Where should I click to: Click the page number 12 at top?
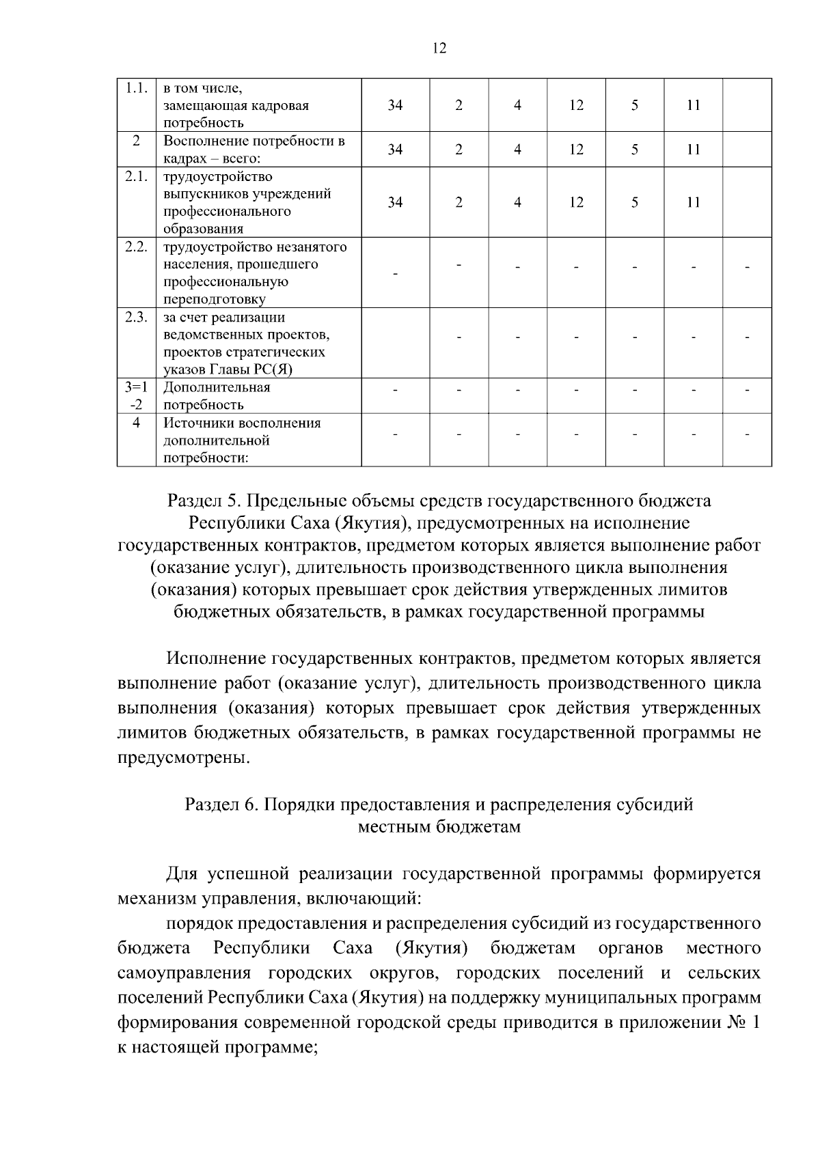click(x=439, y=48)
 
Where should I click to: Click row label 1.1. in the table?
click(x=137, y=88)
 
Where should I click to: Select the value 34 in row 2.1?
click(x=395, y=202)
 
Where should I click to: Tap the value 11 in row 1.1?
click(x=694, y=105)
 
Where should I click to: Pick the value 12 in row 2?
click(x=576, y=150)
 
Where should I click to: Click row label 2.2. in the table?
click(x=137, y=247)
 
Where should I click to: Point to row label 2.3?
click(x=137, y=317)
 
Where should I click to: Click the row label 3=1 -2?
click(x=137, y=396)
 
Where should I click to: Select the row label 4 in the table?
click(x=137, y=423)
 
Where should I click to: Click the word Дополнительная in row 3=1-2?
click(x=217, y=387)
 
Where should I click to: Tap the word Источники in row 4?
click(x=195, y=423)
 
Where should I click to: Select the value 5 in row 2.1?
click(x=634, y=202)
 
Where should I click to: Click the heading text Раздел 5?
click(x=204, y=501)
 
